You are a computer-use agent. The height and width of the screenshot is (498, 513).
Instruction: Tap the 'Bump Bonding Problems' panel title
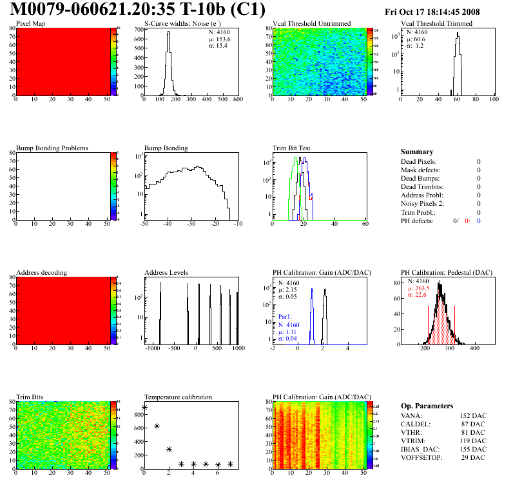click(x=52, y=148)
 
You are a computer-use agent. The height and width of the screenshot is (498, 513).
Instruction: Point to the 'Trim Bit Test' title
click(x=292, y=148)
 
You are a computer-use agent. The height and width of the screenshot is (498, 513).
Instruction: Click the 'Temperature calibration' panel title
click(x=178, y=397)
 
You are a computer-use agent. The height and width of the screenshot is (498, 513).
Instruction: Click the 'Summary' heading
click(x=417, y=152)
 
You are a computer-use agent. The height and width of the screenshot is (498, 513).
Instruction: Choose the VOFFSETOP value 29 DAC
click(x=473, y=457)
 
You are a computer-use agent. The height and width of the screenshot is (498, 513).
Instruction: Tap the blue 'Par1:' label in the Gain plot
click(x=286, y=317)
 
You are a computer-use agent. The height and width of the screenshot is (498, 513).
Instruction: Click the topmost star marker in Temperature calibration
click(x=145, y=407)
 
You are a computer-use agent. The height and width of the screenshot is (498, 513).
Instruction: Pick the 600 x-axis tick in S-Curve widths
click(x=237, y=99)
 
